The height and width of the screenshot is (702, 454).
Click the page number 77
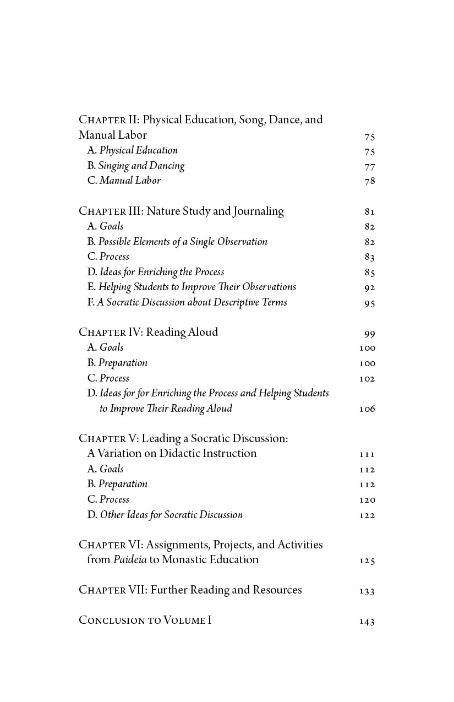click(x=369, y=167)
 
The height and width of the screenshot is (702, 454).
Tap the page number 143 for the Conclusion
click(x=367, y=622)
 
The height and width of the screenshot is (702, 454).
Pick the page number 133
click(x=367, y=591)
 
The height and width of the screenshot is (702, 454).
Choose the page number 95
click(x=369, y=303)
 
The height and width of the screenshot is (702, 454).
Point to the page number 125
click(x=367, y=561)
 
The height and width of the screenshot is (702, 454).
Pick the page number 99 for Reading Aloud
click(x=369, y=334)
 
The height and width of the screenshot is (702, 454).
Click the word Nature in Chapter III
click(x=163, y=211)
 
